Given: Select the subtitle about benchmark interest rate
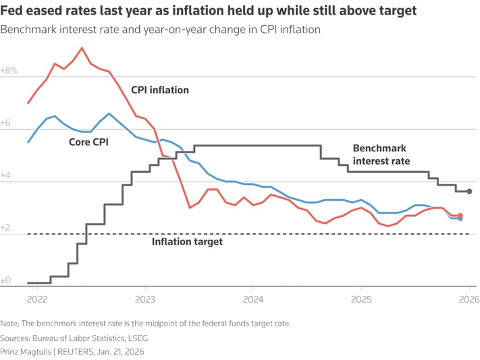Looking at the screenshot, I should click(161, 30).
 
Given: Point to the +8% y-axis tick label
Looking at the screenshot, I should click(9, 70).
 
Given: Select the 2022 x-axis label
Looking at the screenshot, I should click(37, 299).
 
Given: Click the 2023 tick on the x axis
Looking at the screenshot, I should click(145, 299).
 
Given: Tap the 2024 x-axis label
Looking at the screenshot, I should click(253, 299).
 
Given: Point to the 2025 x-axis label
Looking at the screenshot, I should click(361, 299).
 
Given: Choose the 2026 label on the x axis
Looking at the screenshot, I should click(469, 299).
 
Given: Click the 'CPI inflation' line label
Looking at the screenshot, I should click(160, 90).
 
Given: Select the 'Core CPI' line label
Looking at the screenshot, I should click(88, 142).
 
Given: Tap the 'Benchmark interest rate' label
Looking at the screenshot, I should click(381, 155).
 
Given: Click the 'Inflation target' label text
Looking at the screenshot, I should click(187, 241).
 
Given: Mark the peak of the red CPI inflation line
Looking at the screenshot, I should click(82, 48).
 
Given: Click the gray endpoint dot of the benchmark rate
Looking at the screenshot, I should click(469, 191).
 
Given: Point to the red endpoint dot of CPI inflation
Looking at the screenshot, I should click(460, 215).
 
